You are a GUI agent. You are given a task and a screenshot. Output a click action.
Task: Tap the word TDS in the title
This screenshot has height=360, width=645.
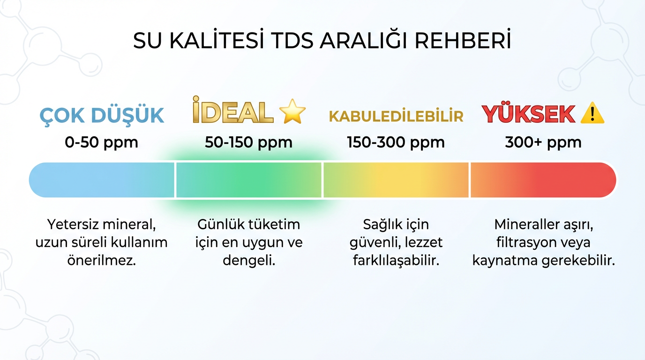(292, 41)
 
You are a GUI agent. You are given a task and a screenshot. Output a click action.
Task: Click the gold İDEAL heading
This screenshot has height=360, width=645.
(233, 110)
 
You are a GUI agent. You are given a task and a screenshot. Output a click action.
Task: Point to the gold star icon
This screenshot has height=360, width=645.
(292, 111)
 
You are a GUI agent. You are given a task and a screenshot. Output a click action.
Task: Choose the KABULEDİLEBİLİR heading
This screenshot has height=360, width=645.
(396, 116)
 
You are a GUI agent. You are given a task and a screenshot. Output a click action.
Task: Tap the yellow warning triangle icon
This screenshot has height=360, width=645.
(592, 113)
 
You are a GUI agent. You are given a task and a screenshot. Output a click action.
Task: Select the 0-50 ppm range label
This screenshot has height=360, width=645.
(101, 142)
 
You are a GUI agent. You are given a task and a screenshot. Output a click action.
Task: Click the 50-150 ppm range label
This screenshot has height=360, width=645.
(248, 142)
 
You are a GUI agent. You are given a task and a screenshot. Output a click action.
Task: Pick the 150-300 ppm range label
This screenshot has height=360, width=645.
(396, 142)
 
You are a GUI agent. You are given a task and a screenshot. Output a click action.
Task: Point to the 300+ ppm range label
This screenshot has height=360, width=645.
(543, 142)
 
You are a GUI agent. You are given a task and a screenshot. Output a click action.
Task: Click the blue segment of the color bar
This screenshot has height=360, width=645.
(102, 180)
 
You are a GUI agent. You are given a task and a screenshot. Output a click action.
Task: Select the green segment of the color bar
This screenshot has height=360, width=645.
(249, 180)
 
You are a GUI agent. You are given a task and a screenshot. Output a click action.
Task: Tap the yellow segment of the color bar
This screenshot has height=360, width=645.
(396, 180)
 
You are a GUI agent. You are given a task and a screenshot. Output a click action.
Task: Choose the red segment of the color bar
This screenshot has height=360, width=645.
(543, 180)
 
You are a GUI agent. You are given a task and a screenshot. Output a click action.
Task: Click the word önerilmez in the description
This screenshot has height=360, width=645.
(102, 260)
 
